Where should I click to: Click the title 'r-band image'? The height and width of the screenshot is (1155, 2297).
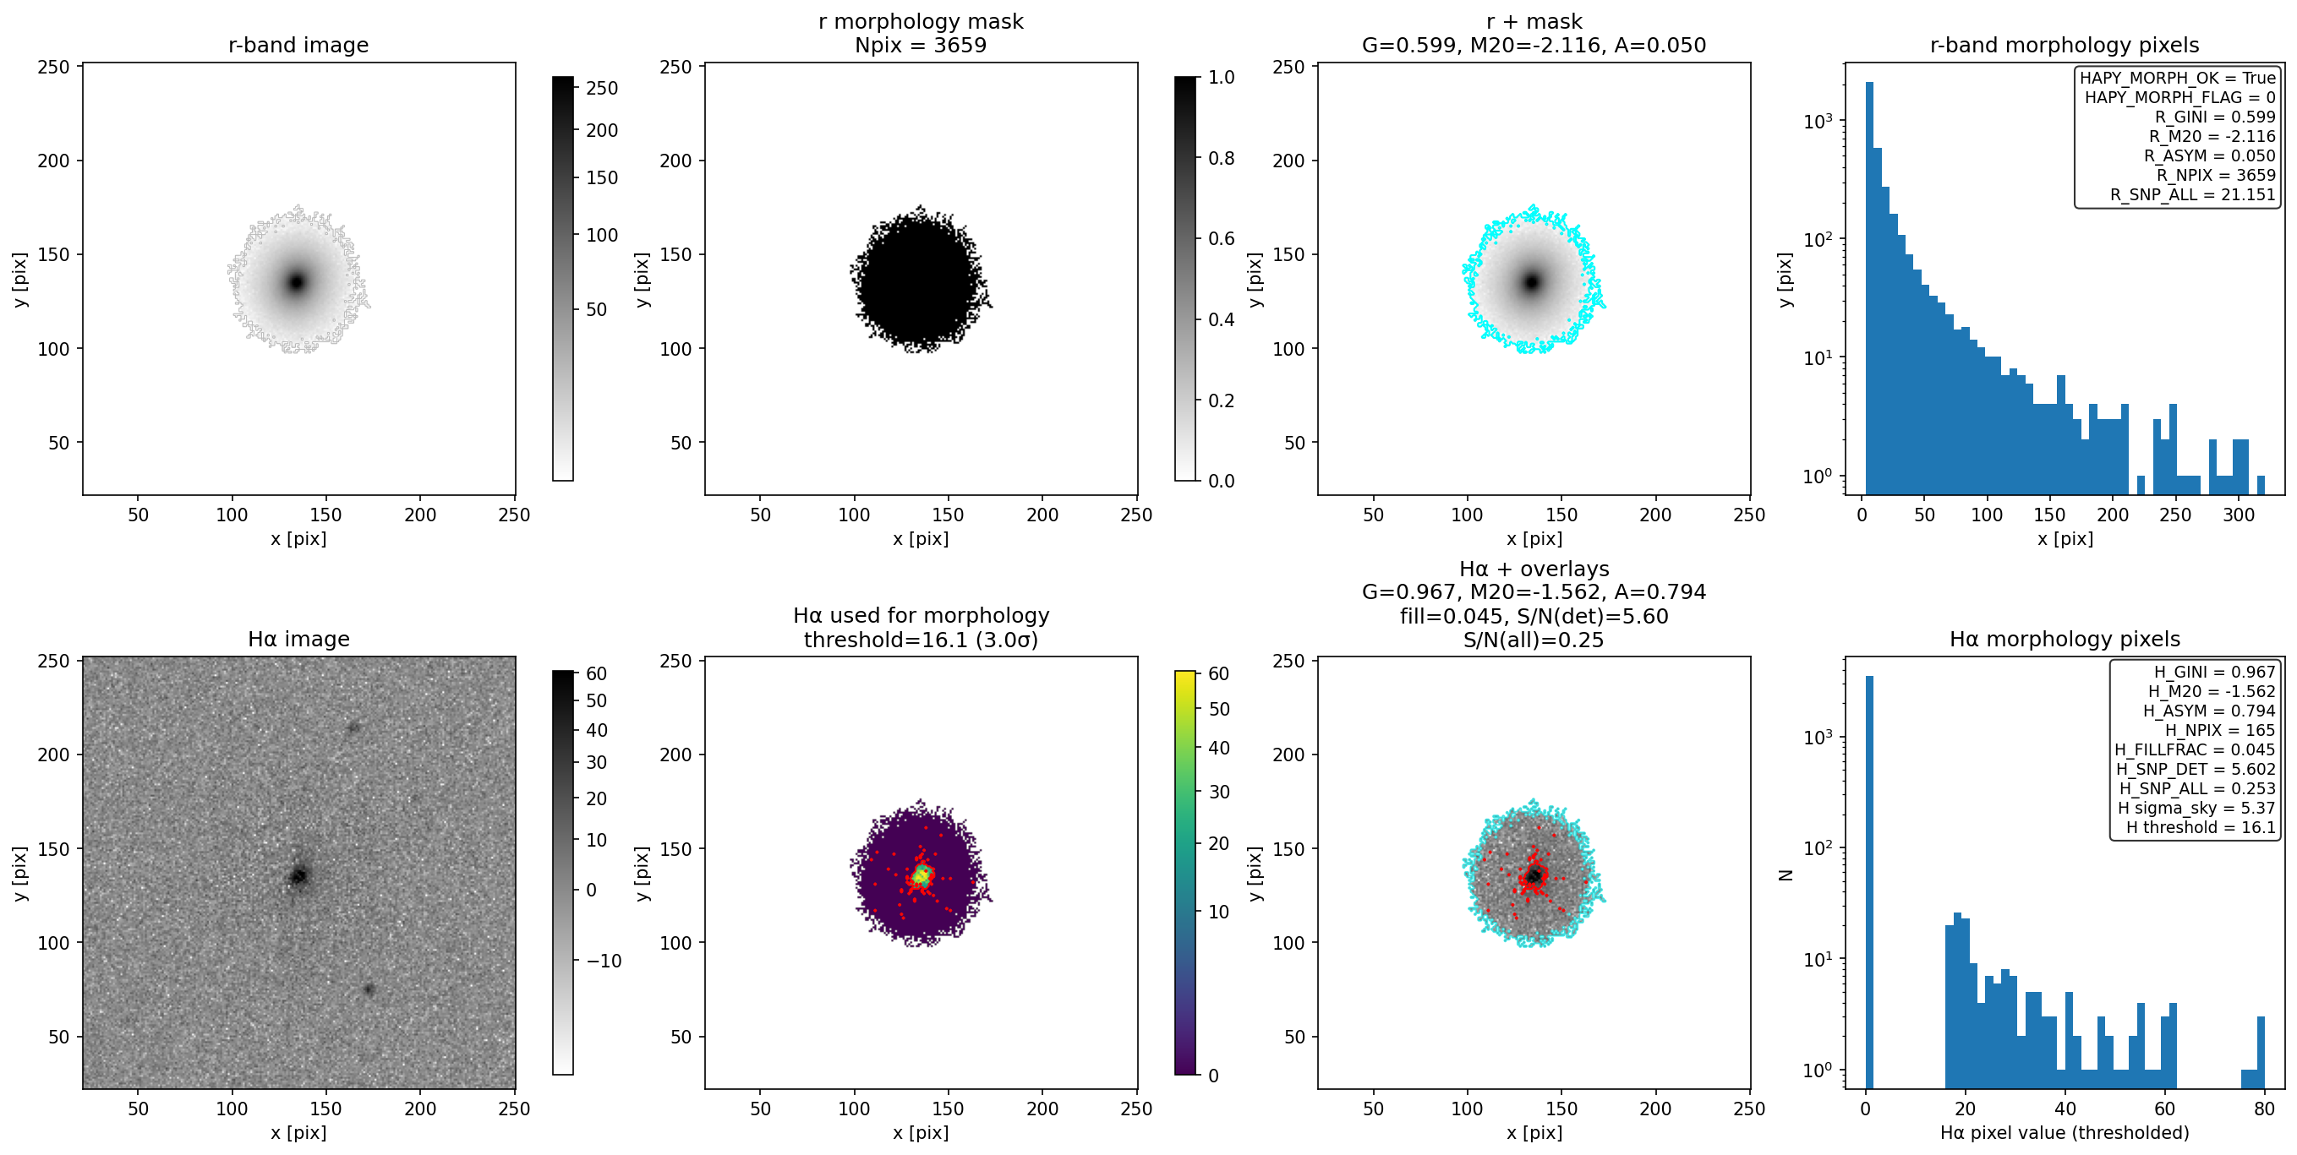298,45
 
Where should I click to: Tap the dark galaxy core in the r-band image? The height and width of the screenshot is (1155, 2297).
296,282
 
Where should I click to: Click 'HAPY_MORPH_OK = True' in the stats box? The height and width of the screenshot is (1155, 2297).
2178,78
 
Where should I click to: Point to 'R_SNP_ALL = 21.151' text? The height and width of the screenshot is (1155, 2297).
2193,194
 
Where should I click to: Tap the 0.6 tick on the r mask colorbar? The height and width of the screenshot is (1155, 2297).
1221,239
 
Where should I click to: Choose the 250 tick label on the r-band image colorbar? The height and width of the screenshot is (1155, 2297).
602,88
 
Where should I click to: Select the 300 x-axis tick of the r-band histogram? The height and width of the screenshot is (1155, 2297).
2238,515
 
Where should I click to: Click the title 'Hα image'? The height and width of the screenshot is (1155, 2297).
298,639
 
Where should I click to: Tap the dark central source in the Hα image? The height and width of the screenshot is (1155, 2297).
298,876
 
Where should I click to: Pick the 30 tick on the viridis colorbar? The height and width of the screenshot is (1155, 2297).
1219,792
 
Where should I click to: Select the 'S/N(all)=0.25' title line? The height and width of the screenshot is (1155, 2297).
1533,640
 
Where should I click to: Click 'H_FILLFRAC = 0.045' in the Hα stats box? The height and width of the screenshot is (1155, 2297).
2195,749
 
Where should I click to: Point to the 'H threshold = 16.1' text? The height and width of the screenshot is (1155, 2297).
2201,827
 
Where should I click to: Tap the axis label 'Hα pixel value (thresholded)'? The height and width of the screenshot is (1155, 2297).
2065,1133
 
